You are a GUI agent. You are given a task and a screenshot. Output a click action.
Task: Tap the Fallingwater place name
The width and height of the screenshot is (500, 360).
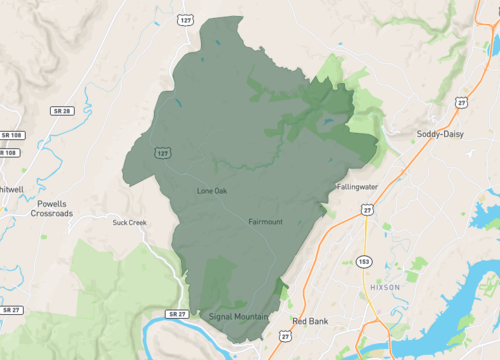(x=357, y=186)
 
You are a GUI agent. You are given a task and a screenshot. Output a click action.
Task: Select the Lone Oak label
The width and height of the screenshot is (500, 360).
(x=212, y=190)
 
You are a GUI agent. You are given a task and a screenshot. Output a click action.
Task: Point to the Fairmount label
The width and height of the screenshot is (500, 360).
(x=265, y=221)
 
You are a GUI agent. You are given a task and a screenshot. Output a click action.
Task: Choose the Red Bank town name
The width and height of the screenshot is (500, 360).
(x=308, y=321)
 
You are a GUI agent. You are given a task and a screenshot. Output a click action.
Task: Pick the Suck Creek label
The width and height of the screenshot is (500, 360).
(x=130, y=222)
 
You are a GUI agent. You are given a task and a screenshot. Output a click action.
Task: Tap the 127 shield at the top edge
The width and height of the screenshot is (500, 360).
(x=187, y=19)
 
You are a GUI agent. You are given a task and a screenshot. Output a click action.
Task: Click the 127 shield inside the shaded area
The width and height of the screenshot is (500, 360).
(x=161, y=151)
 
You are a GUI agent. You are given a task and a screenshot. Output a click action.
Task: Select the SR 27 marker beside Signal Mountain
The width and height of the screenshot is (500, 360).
(x=178, y=314)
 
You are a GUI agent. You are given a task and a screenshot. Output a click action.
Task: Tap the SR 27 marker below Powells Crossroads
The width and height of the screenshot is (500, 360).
(x=10, y=310)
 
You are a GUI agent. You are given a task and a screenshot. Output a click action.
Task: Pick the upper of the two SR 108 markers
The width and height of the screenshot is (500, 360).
(x=11, y=135)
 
